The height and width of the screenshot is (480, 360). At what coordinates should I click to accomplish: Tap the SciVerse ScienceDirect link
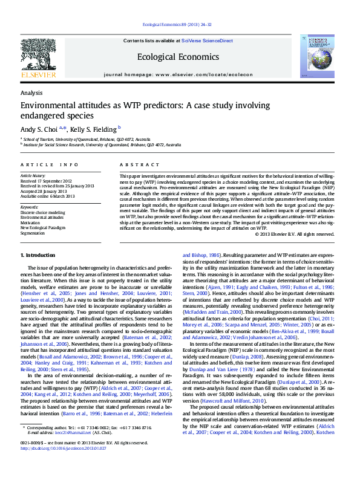coord(207,41)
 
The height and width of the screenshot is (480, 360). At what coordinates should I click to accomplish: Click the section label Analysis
coord(31,92)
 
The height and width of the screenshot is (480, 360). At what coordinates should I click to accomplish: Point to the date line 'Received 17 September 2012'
coord(46,181)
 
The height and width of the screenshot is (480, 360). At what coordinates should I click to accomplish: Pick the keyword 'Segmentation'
coord(33,232)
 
